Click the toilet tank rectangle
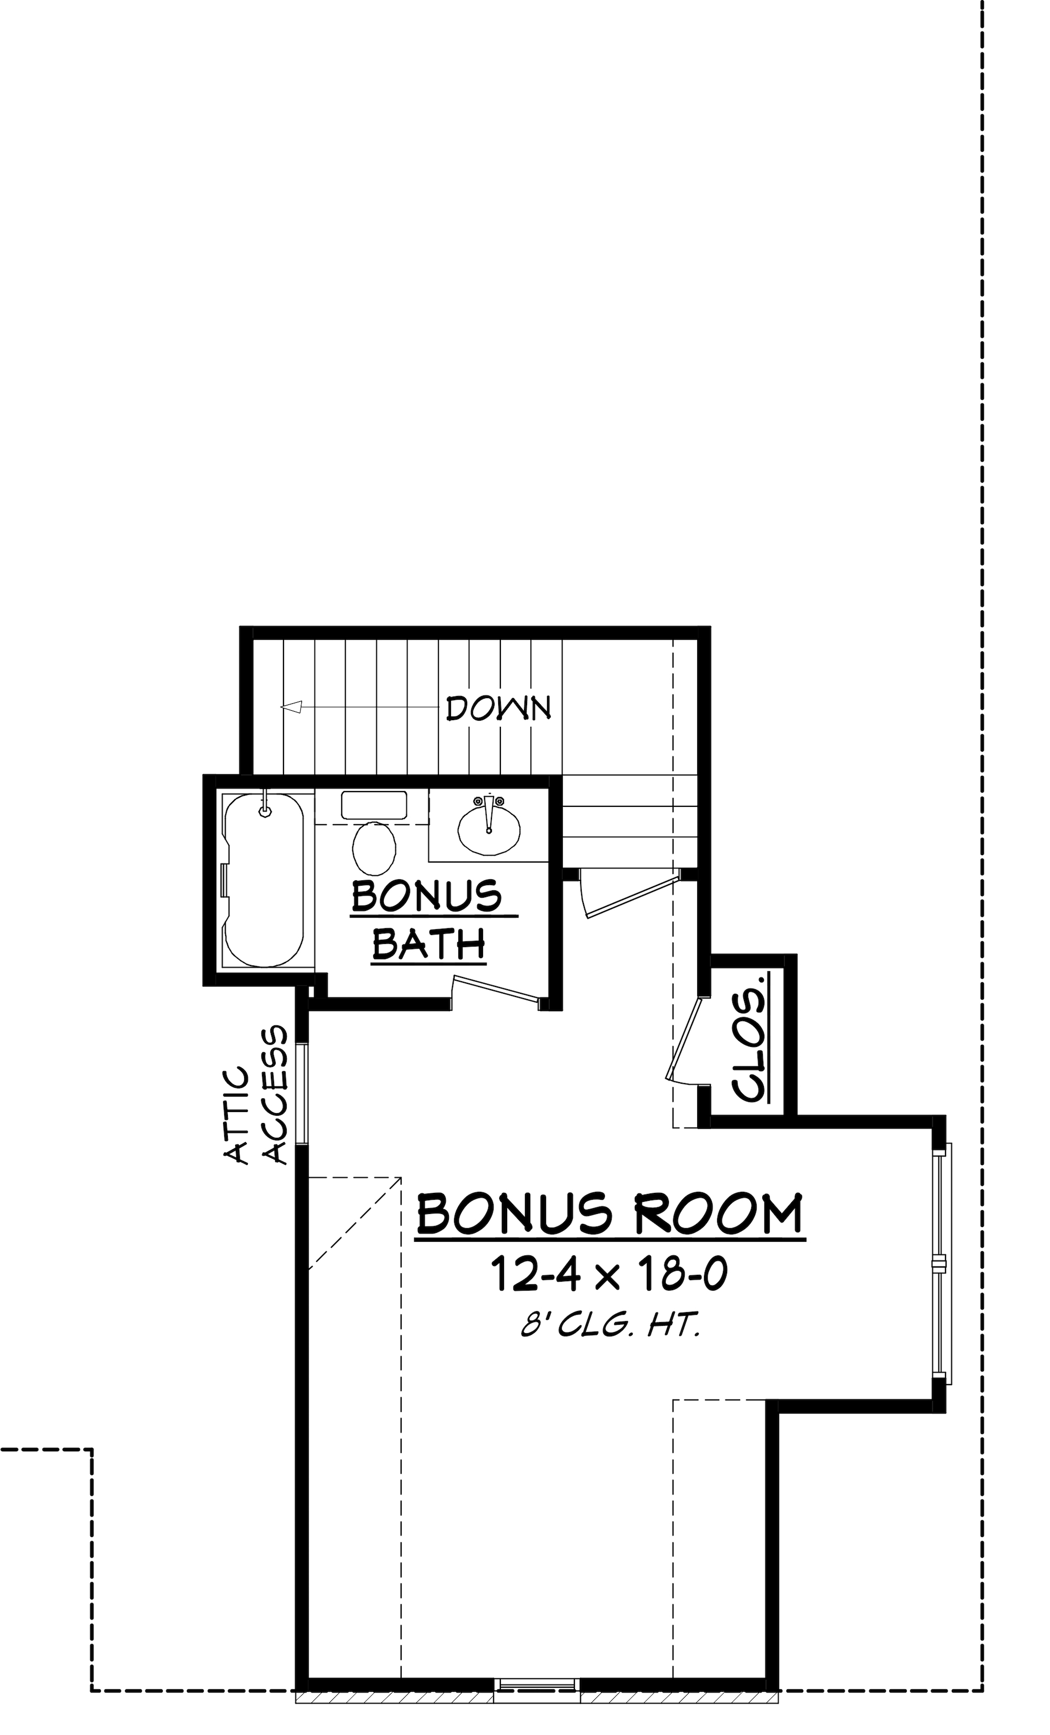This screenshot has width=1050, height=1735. [x=374, y=805]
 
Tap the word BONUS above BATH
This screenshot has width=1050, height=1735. [x=426, y=896]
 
